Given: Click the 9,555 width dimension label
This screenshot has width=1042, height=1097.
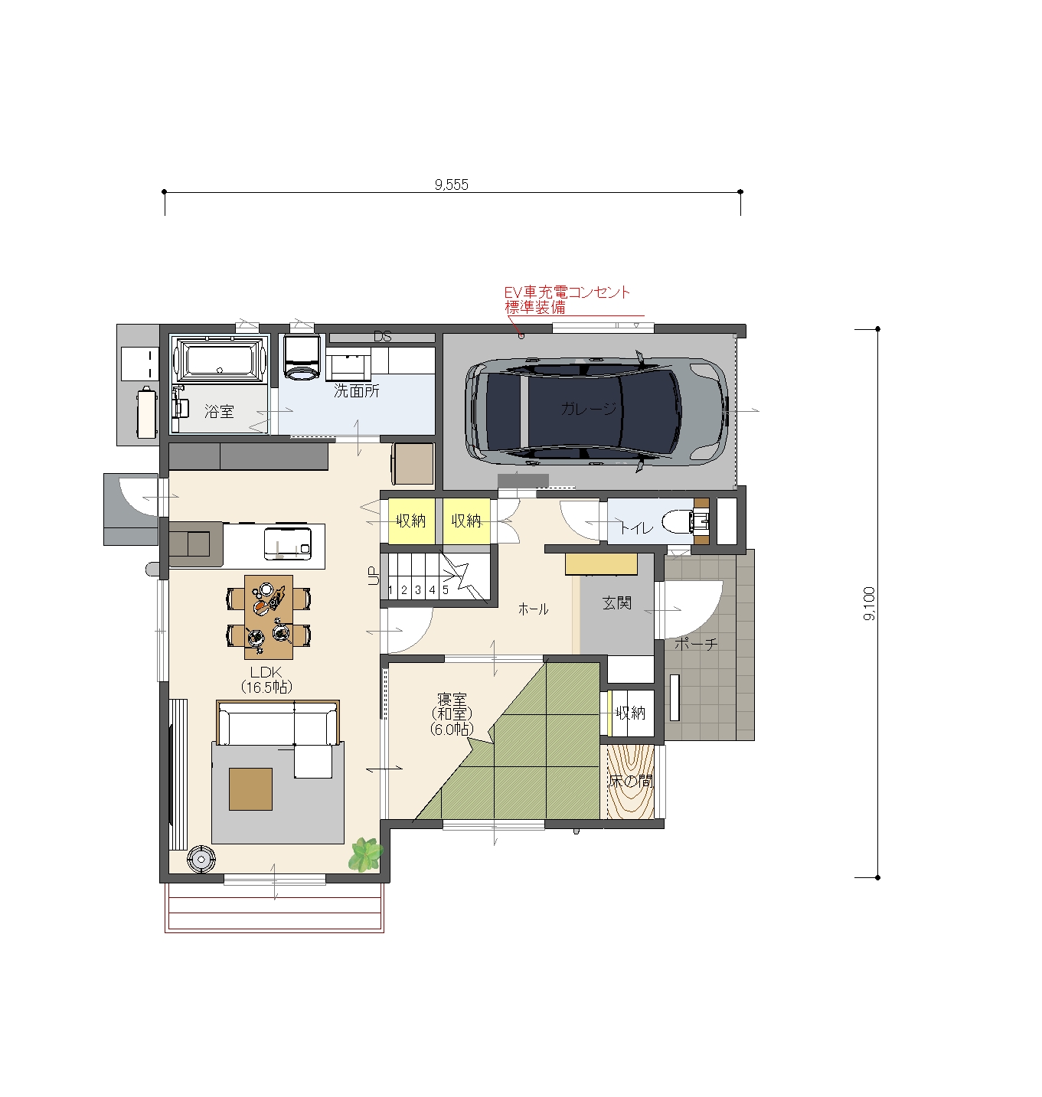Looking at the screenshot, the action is click(451, 184).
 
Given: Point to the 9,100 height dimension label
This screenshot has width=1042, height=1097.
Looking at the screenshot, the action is click(869, 603).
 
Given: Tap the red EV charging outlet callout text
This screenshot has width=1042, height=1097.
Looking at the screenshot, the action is click(567, 299).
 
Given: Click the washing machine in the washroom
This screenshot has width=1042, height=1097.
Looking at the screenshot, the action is click(302, 357).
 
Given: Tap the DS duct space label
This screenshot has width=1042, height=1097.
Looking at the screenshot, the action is click(382, 337).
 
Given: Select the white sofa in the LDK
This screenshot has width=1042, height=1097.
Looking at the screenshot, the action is click(278, 723).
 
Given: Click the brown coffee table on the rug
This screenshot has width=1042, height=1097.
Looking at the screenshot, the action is click(250, 789).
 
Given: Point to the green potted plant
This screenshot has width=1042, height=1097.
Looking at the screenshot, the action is click(365, 854).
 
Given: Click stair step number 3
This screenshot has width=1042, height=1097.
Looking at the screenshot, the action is click(418, 589).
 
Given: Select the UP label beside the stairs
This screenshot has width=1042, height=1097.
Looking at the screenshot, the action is click(373, 575).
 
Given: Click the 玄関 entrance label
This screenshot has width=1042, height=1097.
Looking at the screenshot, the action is click(617, 602).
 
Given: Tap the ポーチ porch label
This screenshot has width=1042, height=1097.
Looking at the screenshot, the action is click(695, 644).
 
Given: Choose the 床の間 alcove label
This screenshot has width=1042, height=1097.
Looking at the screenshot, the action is click(631, 781).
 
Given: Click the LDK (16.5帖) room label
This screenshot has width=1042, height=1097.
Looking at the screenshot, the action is click(266, 680).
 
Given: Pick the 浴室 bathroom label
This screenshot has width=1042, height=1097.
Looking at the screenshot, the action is click(219, 411).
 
